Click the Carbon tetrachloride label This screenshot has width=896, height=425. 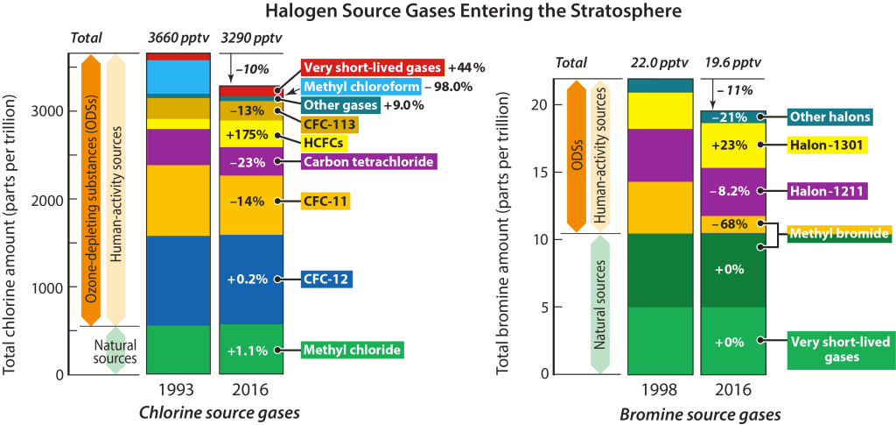(x=367, y=162)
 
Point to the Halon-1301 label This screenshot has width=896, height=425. (x=827, y=145)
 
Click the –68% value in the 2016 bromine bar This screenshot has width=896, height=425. (x=728, y=225)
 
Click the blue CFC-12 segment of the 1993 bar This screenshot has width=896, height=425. (x=178, y=280)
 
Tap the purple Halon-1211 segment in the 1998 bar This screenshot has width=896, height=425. (x=660, y=155)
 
